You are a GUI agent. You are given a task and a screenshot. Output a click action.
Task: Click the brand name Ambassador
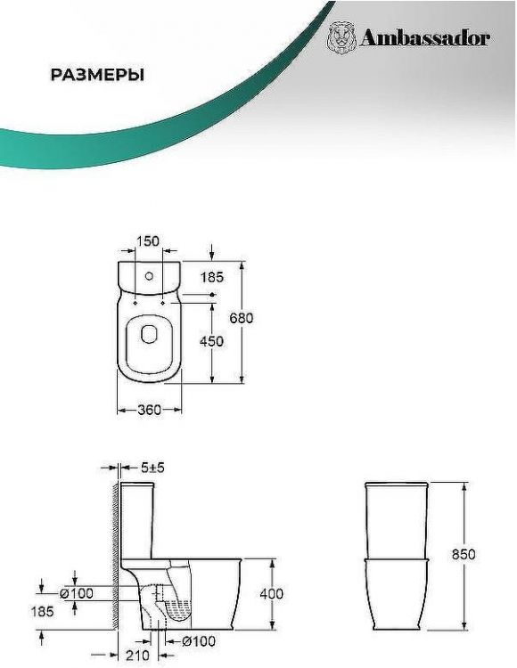point(425,39)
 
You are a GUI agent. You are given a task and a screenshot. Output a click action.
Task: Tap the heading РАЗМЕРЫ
point(97,75)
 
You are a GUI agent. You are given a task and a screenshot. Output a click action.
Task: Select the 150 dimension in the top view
point(147,241)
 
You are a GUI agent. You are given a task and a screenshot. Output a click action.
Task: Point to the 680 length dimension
point(242,318)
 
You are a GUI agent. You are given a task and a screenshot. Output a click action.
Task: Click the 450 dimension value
point(211,341)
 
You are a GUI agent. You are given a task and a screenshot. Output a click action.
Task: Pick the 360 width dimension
point(149,410)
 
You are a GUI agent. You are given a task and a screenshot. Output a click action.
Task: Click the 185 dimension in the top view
point(212,277)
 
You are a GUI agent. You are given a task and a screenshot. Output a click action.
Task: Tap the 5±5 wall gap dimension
point(152,468)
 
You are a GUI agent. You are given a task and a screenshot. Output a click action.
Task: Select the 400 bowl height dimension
point(271,593)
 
